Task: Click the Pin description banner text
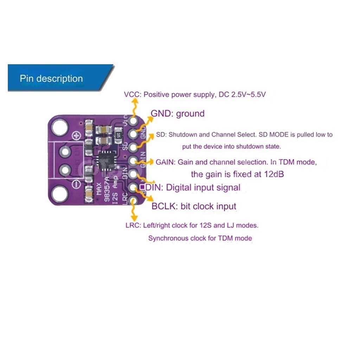[51, 78]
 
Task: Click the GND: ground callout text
[178, 114]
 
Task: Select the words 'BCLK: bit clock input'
[194, 206]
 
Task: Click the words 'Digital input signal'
[203, 187]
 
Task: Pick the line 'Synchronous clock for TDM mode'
[200, 238]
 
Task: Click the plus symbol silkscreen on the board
[76, 135]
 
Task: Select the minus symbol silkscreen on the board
[76, 184]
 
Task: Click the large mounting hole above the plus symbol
[60, 127]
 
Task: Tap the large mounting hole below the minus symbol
[60, 194]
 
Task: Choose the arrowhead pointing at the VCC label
[135, 100]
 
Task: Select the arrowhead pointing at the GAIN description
[151, 162]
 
